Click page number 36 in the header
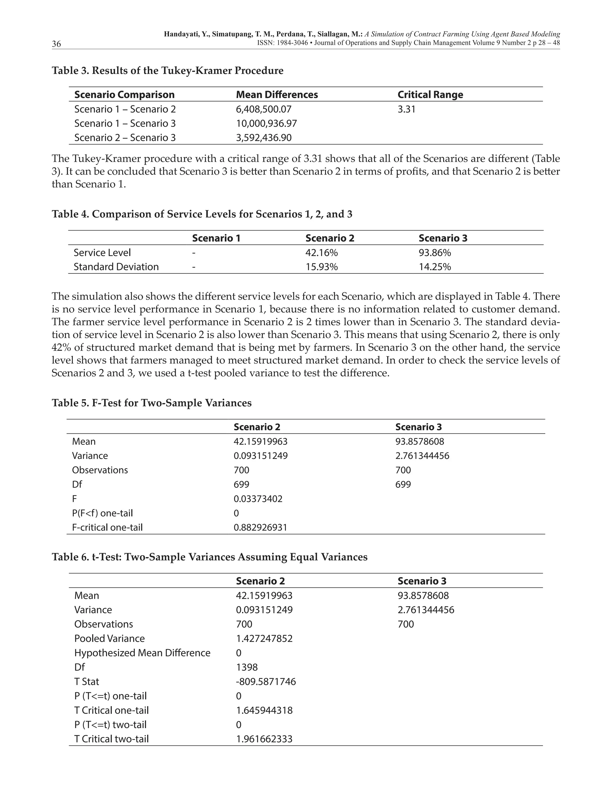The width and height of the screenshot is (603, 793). tap(56, 44)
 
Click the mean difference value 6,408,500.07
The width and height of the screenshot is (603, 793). tap(264, 109)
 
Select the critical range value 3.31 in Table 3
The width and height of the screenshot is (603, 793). tap(406, 109)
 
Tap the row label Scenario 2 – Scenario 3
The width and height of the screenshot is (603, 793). tap(125, 138)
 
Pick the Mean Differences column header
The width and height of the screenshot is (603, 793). tap(277, 95)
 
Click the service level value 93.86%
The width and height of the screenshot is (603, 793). tap(435, 253)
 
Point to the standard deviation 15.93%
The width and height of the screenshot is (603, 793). tap(322, 267)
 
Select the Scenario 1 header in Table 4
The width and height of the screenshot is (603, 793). tap(216, 238)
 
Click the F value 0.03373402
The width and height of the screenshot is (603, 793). tap(258, 499)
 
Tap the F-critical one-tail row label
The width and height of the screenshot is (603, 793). tap(107, 527)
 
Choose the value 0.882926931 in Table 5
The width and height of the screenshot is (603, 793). tap(260, 527)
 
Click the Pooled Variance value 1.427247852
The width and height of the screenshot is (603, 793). tap(264, 639)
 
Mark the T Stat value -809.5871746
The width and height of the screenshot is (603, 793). tap(266, 682)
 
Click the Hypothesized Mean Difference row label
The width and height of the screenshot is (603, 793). tap(142, 653)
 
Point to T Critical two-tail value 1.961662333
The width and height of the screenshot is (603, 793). tap(264, 739)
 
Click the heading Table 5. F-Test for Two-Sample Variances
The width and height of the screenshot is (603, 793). tap(151, 403)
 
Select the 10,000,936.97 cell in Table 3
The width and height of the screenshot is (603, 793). tap(266, 123)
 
